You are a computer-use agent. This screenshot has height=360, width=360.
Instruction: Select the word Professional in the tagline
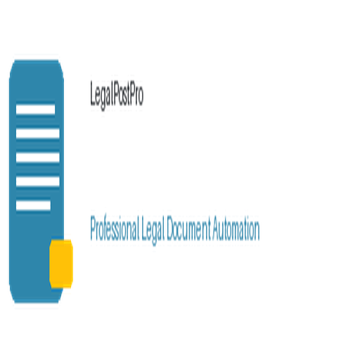point(115,228)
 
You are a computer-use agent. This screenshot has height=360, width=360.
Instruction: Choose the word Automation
point(236,228)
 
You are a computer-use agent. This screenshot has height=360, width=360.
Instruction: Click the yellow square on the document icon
point(61,264)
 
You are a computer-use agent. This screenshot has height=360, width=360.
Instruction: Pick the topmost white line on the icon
point(36,110)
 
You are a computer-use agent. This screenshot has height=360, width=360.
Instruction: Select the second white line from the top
point(38,134)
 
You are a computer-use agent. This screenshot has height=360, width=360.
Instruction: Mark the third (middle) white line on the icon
point(38,157)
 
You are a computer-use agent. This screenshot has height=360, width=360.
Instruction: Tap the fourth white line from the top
point(38,181)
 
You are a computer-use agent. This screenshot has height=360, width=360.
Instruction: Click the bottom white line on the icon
point(33,205)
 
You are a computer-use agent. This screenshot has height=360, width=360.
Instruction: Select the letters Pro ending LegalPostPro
point(136,93)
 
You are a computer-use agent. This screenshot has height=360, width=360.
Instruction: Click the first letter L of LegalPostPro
point(93,93)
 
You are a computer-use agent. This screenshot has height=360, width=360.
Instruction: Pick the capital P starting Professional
point(94,228)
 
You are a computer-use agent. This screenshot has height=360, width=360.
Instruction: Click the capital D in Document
point(169,228)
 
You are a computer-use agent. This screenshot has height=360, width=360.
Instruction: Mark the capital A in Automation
point(216,228)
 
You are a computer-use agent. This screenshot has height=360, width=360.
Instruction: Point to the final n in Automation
point(257,231)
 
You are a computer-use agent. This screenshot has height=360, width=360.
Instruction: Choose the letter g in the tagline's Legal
point(154,234)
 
